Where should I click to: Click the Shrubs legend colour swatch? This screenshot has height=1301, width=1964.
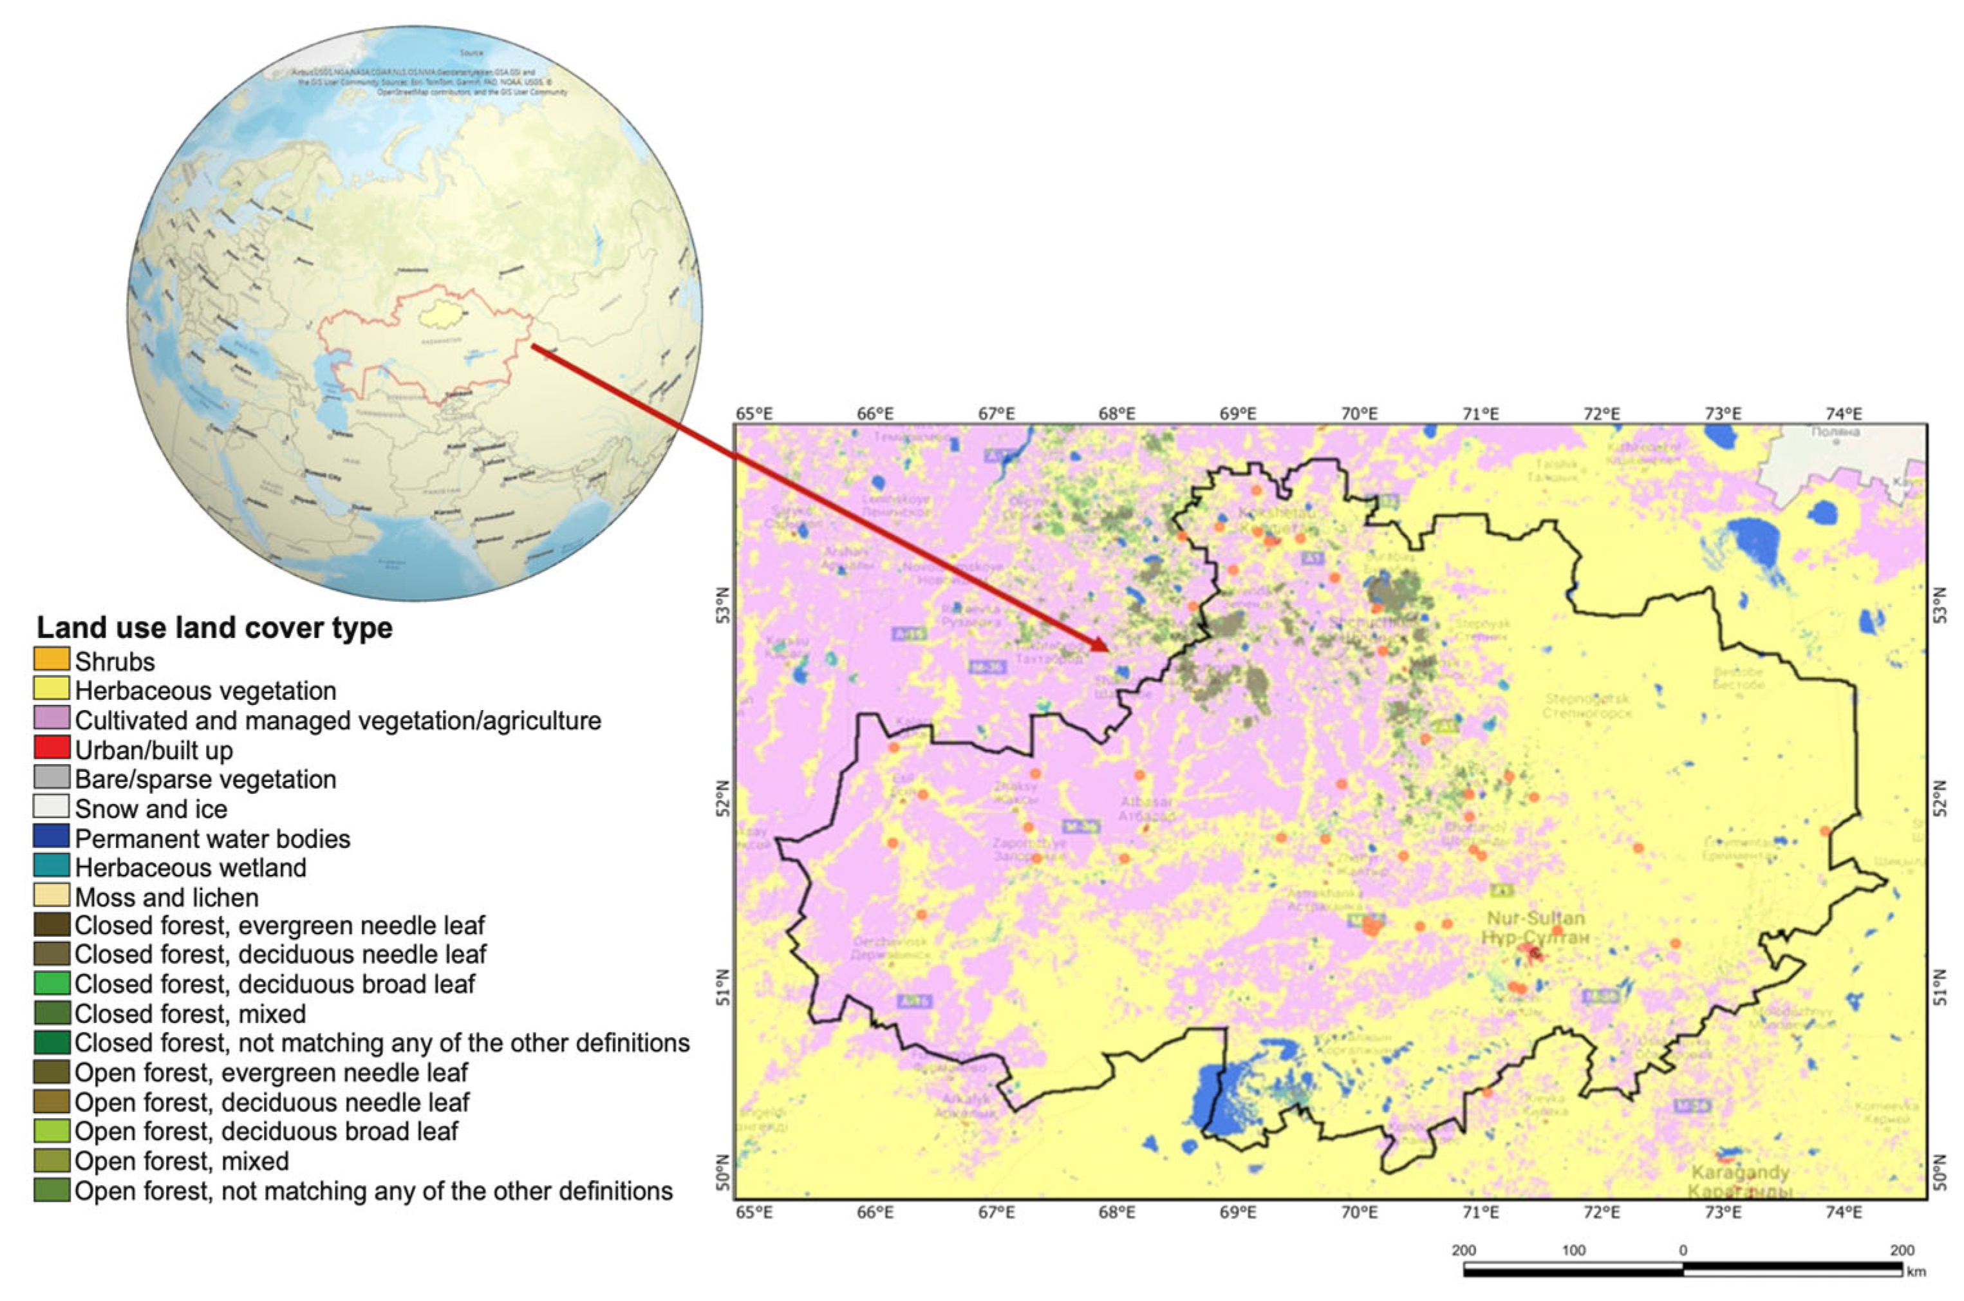point(51,660)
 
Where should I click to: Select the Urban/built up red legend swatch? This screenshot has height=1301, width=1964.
point(51,749)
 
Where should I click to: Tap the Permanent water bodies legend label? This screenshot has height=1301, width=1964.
point(212,839)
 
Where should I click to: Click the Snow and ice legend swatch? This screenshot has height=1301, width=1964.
point(51,807)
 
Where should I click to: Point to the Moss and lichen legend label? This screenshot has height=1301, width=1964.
point(167,898)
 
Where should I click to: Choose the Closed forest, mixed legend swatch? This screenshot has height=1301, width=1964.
point(51,1013)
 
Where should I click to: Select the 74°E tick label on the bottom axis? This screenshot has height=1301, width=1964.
point(1844,1213)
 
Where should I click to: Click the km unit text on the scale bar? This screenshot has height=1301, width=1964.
point(1916,1272)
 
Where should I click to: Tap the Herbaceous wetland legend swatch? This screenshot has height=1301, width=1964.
point(51,866)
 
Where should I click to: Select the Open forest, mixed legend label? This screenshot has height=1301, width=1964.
point(182,1161)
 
